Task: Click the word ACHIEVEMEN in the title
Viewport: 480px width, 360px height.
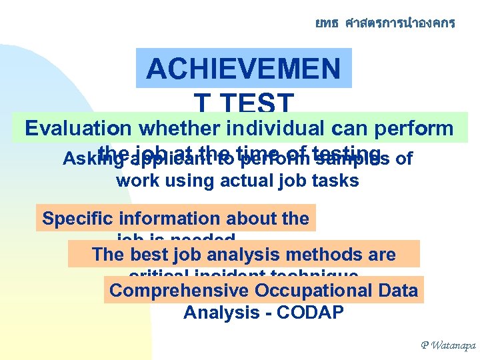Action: pyautogui.click(x=243, y=69)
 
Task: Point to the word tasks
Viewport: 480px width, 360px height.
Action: pyautogui.click(x=337, y=180)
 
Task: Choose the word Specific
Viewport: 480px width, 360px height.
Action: pyautogui.click(x=77, y=219)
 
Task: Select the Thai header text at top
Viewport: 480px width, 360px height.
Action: pyautogui.click(x=385, y=23)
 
